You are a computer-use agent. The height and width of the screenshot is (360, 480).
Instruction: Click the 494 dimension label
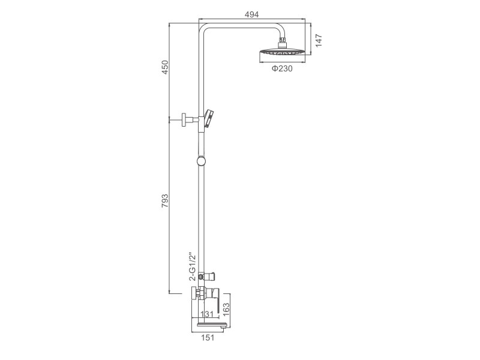pyautogui.click(x=251, y=14)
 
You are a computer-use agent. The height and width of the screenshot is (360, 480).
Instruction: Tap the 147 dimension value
pyautogui.click(x=319, y=41)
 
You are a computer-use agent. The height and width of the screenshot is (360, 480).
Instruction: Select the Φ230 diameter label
pyautogui.click(x=282, y=68)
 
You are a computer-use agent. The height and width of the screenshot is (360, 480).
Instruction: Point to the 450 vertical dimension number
pyautogui.click(x=165, y=67)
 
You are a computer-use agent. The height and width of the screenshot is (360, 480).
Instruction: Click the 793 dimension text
pyautogui.click(x=165, y=201)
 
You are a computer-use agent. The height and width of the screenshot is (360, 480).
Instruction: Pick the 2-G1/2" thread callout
pyautogui.click(x=192, y=266)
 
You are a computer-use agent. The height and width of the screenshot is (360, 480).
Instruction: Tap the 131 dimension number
pyautogui.click(x=207, y=314)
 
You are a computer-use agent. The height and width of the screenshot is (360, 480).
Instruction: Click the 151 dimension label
pyautogui.click(x=208, y=338)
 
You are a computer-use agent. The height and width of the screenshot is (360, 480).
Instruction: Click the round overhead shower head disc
pyautogui.click(x=282, y=53)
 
